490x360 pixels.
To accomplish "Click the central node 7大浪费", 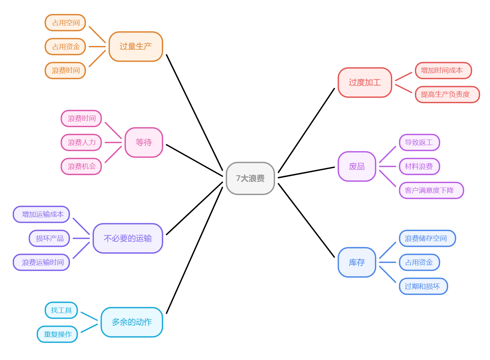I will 250,178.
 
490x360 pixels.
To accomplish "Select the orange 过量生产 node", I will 135,47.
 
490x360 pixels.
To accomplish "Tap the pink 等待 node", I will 144,142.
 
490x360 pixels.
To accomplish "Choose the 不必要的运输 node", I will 128,238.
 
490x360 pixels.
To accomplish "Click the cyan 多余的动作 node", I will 132,322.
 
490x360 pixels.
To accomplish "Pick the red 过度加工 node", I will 365,82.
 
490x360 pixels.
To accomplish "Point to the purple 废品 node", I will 357,166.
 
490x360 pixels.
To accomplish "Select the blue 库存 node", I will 357,262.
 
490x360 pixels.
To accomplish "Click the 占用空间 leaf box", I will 65,23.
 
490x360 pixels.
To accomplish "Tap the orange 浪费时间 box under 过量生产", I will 65,70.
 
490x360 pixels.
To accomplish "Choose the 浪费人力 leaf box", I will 81,142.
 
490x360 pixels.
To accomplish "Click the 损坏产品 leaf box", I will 49,238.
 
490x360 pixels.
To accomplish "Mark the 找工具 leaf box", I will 61,310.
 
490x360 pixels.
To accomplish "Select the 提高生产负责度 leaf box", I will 447,94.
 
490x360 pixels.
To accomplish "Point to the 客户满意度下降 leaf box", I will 431,190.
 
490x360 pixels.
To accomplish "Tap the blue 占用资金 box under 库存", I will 419,262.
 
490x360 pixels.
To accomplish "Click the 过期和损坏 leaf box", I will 423,286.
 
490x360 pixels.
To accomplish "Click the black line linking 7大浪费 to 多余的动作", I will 194,250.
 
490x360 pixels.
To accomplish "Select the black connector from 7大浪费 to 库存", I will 306,220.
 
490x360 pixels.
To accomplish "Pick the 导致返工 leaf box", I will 419,142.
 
